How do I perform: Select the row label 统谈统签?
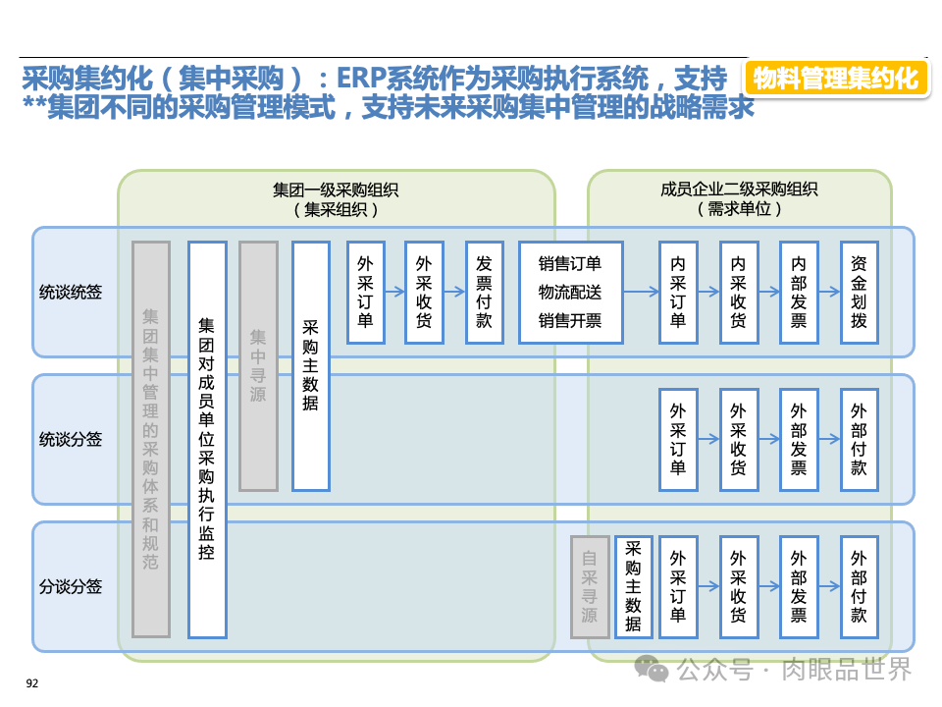point(71,292)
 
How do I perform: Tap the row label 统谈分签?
point(71,439)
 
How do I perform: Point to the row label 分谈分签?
point(71,586)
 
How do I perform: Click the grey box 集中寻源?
point(258,365)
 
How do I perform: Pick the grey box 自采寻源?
point(589,586)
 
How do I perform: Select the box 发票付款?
point(484,292)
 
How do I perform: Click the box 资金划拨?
point(859,292)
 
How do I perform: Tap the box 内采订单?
point(678,292)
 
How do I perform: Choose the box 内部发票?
point(799,292)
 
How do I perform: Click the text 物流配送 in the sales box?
point(570,292)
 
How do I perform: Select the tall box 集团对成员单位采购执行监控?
point(207,438)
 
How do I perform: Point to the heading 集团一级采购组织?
point(336,190)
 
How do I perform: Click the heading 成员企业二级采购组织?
point(739,190)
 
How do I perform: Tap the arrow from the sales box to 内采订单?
point(641,292)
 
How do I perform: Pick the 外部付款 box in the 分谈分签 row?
point(859,586)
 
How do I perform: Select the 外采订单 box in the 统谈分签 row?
point(678,439)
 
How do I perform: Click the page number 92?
point(31,683)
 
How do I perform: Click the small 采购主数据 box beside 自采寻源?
point(633,586)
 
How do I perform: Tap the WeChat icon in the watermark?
point(652,669)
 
